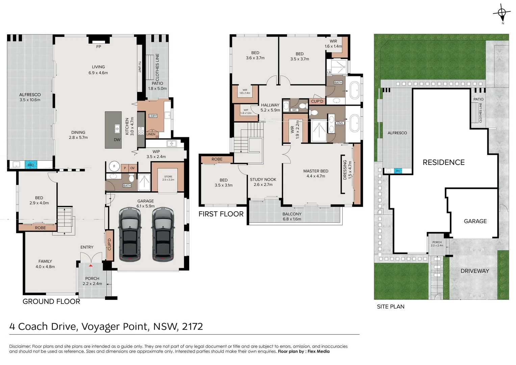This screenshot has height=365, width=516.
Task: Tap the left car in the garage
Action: tap(130, 235)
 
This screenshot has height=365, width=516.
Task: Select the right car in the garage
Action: tap(163, 235)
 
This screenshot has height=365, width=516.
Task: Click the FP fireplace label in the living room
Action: tap(99, 47)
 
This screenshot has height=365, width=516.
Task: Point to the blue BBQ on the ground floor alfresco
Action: tap(31, 165)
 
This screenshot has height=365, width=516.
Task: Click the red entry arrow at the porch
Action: tap(91, 266)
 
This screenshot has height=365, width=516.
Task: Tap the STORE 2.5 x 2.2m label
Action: tap(168, 178)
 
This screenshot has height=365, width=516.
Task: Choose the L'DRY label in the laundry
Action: tap(153, 116)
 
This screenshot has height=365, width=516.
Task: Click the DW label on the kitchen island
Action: tap(117, 140)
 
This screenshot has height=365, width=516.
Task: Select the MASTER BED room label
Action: tap(316, 171)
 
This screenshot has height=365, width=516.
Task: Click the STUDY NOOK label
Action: tap(263, 179)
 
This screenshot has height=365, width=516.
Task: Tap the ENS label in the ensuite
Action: tap(340, 123)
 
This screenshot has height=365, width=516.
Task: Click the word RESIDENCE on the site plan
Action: tap(444, 162)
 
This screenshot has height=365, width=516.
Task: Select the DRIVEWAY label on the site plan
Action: tap(475, 271)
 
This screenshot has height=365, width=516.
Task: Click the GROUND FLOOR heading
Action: tap(51, 301)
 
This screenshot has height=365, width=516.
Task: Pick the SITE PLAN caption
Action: tap(391, 307)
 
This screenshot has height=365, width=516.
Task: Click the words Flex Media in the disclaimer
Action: tap(318, 351)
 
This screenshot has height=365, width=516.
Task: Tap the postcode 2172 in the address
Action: tap(192, 326)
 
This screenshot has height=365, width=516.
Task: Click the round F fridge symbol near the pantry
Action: tap(114, 166)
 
